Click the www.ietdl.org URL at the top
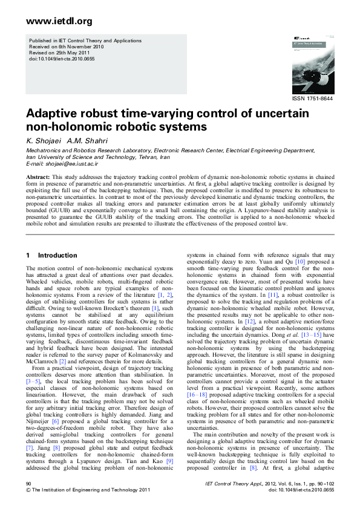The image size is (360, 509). pos(59,22)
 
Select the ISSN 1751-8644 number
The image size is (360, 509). pos(312,97)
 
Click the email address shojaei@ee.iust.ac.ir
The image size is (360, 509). pos(69,163)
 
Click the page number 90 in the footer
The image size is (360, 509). pos(28,484)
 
